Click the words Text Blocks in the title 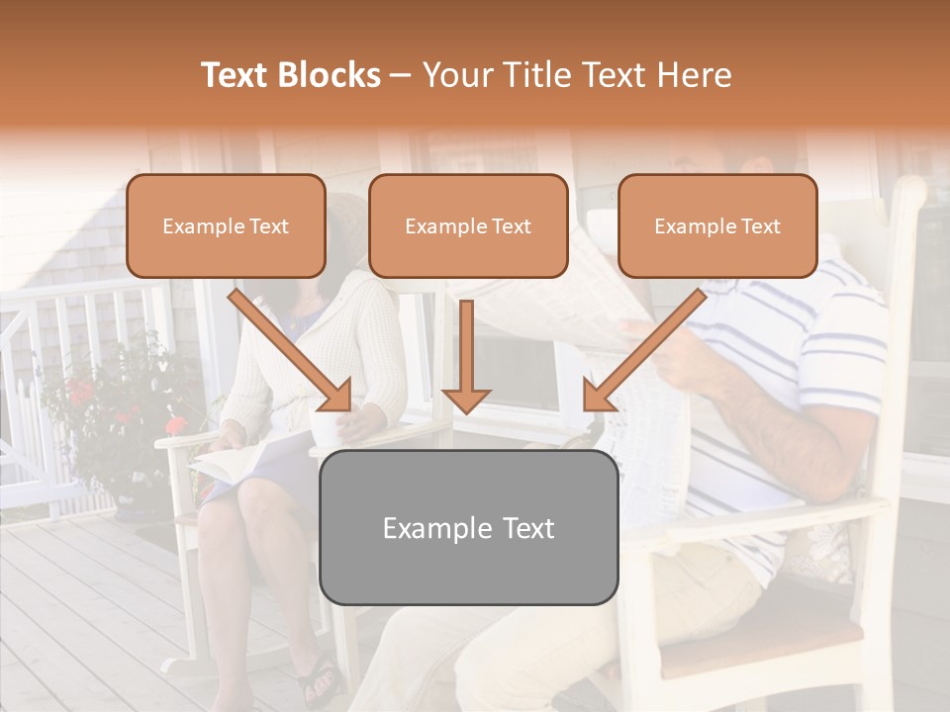tap(290, 75)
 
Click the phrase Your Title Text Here tap(577, 75)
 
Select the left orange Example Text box tap(226, 225)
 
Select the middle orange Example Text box tap(468, 225)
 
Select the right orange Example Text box tap(717, 225)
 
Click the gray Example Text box tap(468, 527)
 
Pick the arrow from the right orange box tap(643, 350)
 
